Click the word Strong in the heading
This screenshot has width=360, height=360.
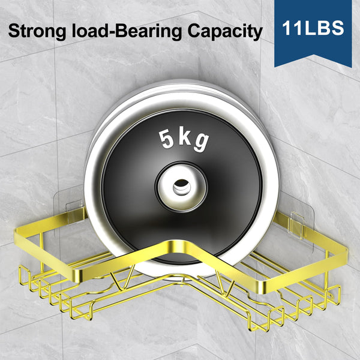tap(37, 31)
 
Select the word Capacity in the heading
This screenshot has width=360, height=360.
tap(225, 31)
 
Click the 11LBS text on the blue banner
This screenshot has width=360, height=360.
tap(313, 28)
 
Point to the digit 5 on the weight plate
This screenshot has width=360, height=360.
tap(166, 139)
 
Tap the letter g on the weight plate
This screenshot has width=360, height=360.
tap(201, 142)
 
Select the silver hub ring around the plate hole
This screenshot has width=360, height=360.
tap(181, 186)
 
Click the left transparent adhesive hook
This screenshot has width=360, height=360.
tap(74, 212)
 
